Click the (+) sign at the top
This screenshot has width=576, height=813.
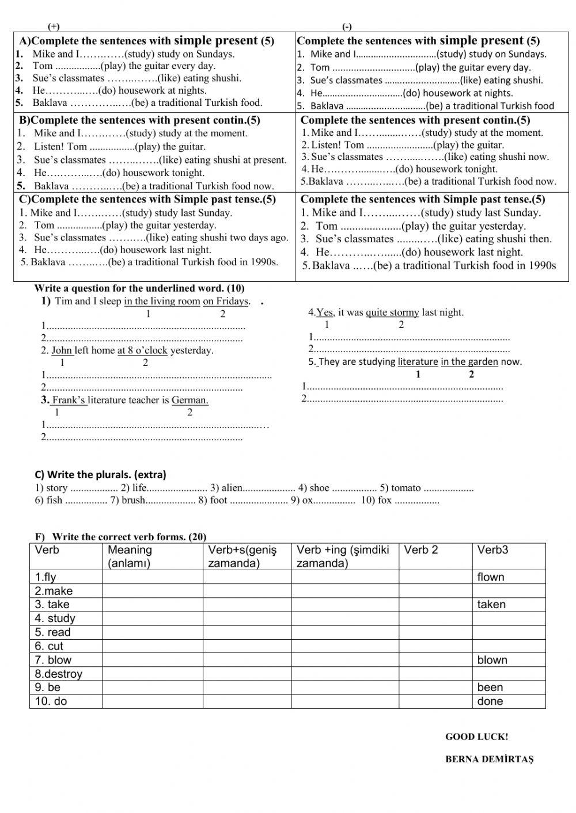(x=54, y=26)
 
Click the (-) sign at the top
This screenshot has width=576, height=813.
(x=347, y=26)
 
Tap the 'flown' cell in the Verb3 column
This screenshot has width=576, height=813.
(x=490, y=577)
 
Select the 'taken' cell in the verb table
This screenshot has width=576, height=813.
(x=491, y=605)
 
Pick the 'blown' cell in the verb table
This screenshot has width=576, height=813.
(x=492, y=660)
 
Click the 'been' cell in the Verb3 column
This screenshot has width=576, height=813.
(x=490, y=688)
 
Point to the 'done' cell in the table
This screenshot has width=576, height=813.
(x=490, y=701)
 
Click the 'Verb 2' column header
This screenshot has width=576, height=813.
(x=420, y=550)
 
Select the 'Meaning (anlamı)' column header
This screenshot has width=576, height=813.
(x=130, y=556)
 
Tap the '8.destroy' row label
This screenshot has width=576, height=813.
(x=58, y=674)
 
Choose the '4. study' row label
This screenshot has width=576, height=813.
(x=55, y=619)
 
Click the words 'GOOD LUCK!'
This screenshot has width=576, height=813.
(x=476, y=736)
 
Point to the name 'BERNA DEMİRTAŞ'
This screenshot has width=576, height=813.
(x=489, y=759)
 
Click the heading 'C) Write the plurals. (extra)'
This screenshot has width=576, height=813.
(x=100, y=475)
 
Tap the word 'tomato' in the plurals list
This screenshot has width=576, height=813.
(x=406, y=488)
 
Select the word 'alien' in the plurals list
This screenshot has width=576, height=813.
(x=232, y=488)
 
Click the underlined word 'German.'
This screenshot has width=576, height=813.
(x=190, y=400)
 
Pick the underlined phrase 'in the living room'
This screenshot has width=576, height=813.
(x=162, y=301)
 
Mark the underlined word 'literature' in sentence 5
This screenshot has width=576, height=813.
(x=418, y=362)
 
